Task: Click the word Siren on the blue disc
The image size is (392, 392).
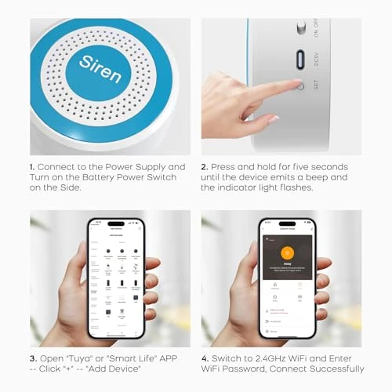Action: (x=100, y=68)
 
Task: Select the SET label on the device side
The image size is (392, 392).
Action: (x=316, y=84)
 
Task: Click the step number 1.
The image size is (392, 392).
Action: (x=32, y=167)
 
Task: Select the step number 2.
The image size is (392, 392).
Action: (x=204, y=167)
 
